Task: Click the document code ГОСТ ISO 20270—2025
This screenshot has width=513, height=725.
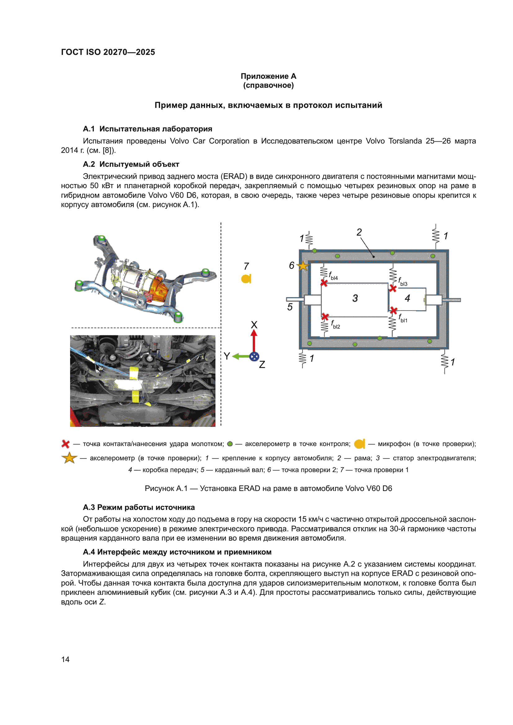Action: [x=108, y=52]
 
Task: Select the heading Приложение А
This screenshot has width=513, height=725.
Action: [x=268, y=76]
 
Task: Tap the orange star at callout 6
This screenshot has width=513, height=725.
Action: [x=303, y=266]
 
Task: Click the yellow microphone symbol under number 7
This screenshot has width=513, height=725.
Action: [x=246, y=279]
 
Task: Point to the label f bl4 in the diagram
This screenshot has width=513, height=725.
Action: [x=333, y=276]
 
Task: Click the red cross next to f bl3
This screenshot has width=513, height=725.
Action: [x=393, y=288]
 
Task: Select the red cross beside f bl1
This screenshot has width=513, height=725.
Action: [x=393, y=311]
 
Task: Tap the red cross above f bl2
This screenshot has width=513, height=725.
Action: [x=325, y=316]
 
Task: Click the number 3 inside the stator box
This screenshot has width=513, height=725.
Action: [x=355, y=298]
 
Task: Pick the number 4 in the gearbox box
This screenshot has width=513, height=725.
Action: [x=407, y=298]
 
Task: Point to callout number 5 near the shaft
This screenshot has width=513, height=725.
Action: [x=290, y=307]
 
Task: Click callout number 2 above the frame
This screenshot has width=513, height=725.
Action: [x=359, y=232]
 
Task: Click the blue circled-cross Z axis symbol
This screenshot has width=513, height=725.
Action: [x=254, y=356]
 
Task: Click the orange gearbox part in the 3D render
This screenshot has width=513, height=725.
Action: [x=158, y=289]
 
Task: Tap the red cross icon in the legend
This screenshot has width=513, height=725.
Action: [x=65, y=444]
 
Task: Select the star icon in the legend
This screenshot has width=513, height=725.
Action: [x=69, y=458]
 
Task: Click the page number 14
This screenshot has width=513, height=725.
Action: [x=65, y=659]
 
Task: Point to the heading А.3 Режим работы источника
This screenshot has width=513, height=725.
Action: [x=139, y=507]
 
